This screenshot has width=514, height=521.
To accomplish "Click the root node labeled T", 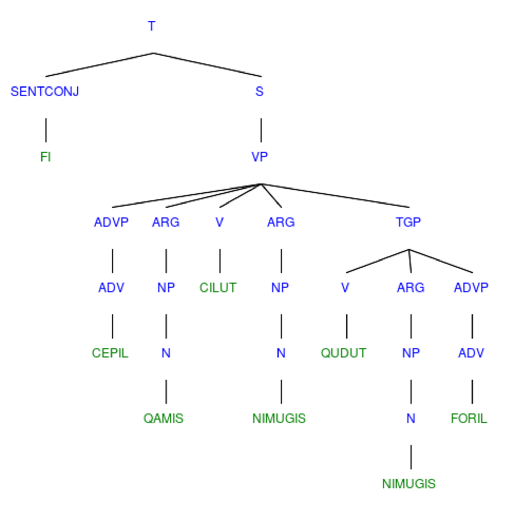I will coord(152,26).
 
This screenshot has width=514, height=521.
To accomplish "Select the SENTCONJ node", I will coord(45,91).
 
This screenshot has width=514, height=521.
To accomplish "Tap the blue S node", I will coord(260,91).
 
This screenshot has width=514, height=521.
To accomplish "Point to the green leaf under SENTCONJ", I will coord(46,157).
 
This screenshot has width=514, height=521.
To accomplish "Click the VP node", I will coord(260,157).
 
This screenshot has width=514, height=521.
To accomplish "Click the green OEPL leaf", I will coord(110,353).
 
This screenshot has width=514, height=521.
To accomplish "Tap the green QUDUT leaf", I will coord(344,353).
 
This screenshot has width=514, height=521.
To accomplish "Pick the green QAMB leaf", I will coord(163,418).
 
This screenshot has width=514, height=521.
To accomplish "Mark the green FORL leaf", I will coord(469,418).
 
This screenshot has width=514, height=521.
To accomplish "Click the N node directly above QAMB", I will coord(166,353).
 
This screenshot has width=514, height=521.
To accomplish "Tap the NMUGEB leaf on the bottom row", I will coord(409,484).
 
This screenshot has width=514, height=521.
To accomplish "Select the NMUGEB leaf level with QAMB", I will coord(279,418).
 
